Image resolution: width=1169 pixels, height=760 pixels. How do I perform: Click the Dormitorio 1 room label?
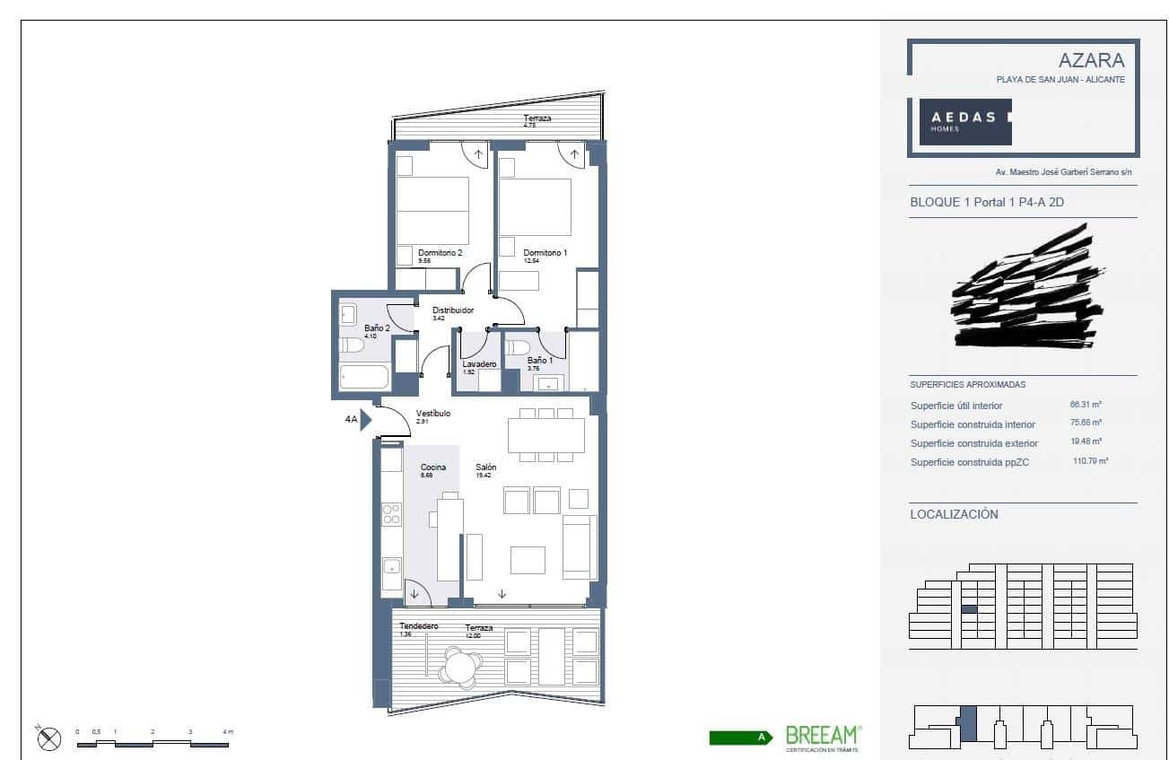tap(545, 253)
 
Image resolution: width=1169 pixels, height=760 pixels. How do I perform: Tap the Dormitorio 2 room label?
tap(440, 253)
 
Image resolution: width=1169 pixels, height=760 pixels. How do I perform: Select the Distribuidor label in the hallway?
tap(452, 310)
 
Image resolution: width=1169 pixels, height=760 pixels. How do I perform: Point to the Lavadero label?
tap(479, 364)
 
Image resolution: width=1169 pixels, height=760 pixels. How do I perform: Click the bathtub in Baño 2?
tap(364, 377)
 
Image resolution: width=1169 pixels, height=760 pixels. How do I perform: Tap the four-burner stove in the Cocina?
tap(391, 513)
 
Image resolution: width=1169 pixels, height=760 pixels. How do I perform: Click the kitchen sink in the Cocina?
tap(391, 566)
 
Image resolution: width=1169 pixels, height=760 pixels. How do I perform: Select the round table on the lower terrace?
tap(461, 667)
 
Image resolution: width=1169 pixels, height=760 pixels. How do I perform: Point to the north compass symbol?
tap(49, 738)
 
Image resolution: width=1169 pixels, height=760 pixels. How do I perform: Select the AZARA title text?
tap(1091, 60)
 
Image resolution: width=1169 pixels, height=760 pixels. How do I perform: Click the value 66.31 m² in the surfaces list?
tap(1086, 405)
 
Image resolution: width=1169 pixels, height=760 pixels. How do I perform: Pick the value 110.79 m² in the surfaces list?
tap(1090, 461)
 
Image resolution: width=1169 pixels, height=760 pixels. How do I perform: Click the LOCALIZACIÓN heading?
tap(954, 514)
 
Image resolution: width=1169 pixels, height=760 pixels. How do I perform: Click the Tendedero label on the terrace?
tap(418, 625)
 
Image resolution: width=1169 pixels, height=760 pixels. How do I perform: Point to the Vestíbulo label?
tap(432, 414)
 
